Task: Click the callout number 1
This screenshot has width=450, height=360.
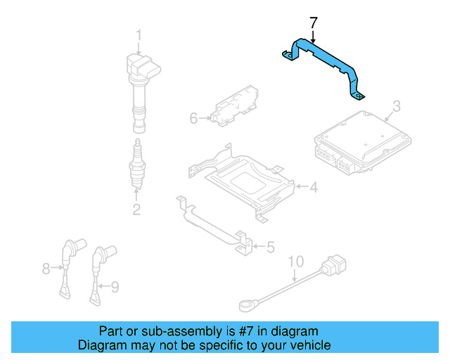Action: click(x=139, y=34)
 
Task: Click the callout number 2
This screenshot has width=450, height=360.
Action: click(x=136, y=209)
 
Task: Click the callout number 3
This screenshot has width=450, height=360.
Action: click(x=396, y=106)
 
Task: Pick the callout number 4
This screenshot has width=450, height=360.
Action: click(x=314, y=187)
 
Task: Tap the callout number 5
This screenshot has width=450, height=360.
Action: click(x=270, y=247)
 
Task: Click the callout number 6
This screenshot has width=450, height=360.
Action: click(x=193, y=119)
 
